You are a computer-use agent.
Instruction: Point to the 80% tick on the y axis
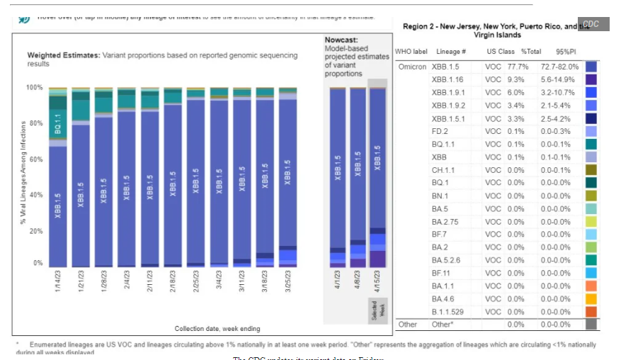(35, 123)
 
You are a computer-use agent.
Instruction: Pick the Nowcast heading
(342, 40)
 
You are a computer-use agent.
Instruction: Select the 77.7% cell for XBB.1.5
(531, 67)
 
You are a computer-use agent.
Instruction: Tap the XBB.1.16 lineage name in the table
(448, 79)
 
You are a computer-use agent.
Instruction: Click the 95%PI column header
(566, 52)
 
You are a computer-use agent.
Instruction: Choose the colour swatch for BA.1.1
(591, 286)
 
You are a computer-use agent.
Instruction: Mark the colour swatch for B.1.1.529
(591, 311)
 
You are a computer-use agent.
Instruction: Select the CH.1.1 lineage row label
(443, 169)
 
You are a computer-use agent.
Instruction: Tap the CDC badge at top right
(591, 24)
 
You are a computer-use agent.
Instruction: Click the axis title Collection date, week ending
(217, 328)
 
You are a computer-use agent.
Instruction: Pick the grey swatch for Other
(591, 325)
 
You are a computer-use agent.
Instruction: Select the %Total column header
(531, 52)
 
